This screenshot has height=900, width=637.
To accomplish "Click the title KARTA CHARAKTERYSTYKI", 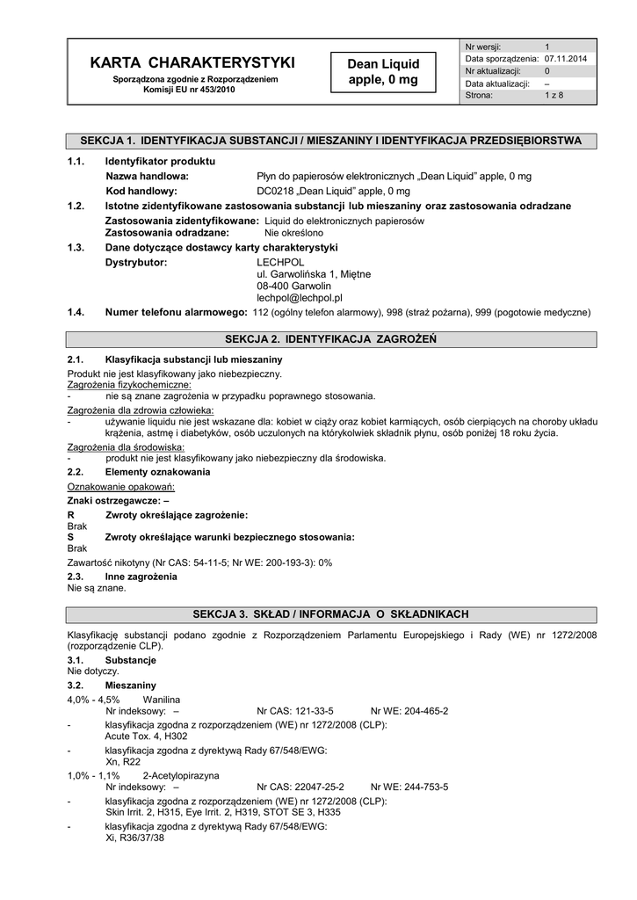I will (x=192, y=62).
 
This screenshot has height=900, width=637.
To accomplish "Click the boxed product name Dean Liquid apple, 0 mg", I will (x=383, y=72).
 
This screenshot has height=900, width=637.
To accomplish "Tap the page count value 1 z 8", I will (x=554, y=96).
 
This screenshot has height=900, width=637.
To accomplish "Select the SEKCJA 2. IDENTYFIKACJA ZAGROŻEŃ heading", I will (x=330, y=338).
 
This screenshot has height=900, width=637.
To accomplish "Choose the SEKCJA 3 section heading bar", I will (x=330, y=613).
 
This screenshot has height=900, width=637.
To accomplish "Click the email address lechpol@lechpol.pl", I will (x=299, y=298).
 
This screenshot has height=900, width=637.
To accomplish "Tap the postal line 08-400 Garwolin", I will (x=293, y=286).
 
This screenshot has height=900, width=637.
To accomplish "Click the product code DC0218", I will (x=274, y=190).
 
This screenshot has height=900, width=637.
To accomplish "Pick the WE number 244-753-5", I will (x=423, y=787).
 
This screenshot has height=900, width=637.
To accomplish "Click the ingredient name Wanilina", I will (x=162, y=700).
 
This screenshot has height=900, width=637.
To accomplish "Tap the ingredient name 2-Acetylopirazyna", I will (x=181, y=776).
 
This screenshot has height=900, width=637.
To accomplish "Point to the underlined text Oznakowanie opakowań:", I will (x=121, y=486).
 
